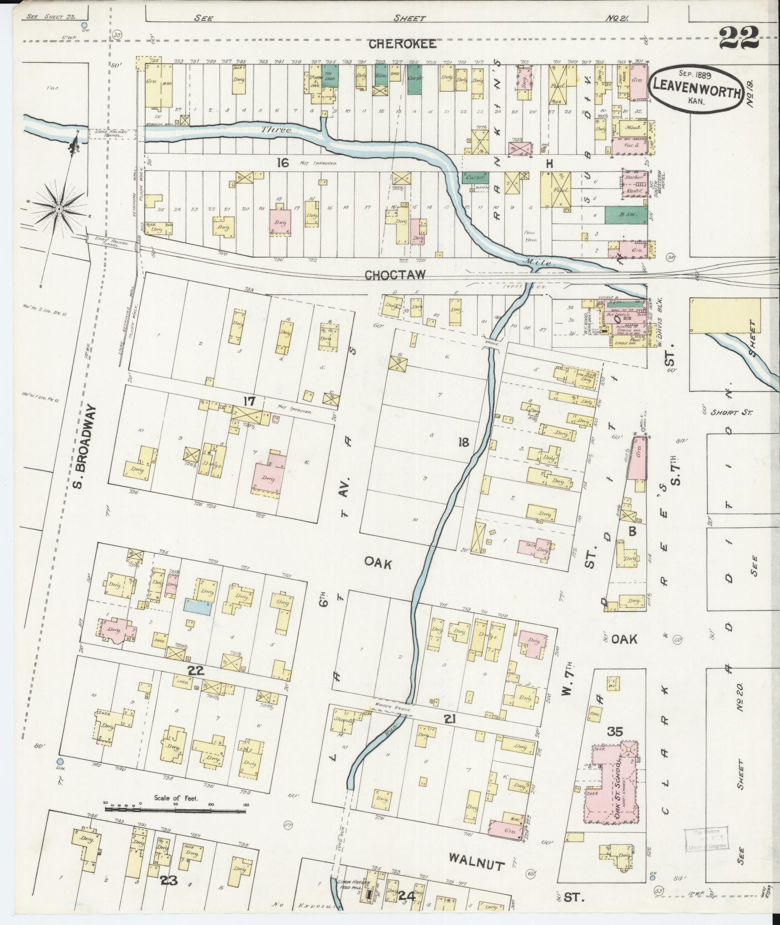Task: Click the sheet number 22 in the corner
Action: click(738, 39)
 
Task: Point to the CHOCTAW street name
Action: click(395, 275)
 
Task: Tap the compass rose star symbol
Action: click(59, 209)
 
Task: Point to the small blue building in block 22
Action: click(197, 606)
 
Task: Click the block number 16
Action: click(283, 163)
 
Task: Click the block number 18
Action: click(463, 442)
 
